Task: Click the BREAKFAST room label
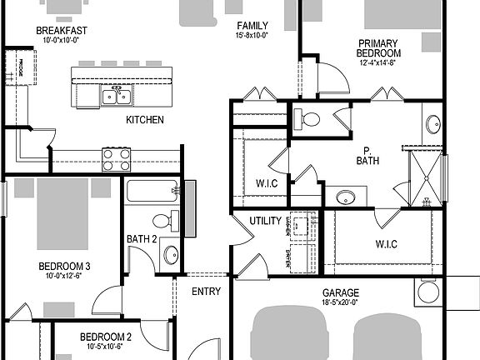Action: click(62, 30)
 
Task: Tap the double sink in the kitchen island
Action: click(117, 97)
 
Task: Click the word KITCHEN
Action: click(144, 120)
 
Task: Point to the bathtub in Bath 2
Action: click(153, 192)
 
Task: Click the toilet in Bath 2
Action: click(164, 221)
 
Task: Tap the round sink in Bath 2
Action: click(169, 254)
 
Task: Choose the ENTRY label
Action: click(206, 292)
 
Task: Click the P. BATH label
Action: click(367, 157)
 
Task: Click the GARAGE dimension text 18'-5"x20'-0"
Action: click(340, 303)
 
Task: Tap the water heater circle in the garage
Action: click(429, 292)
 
